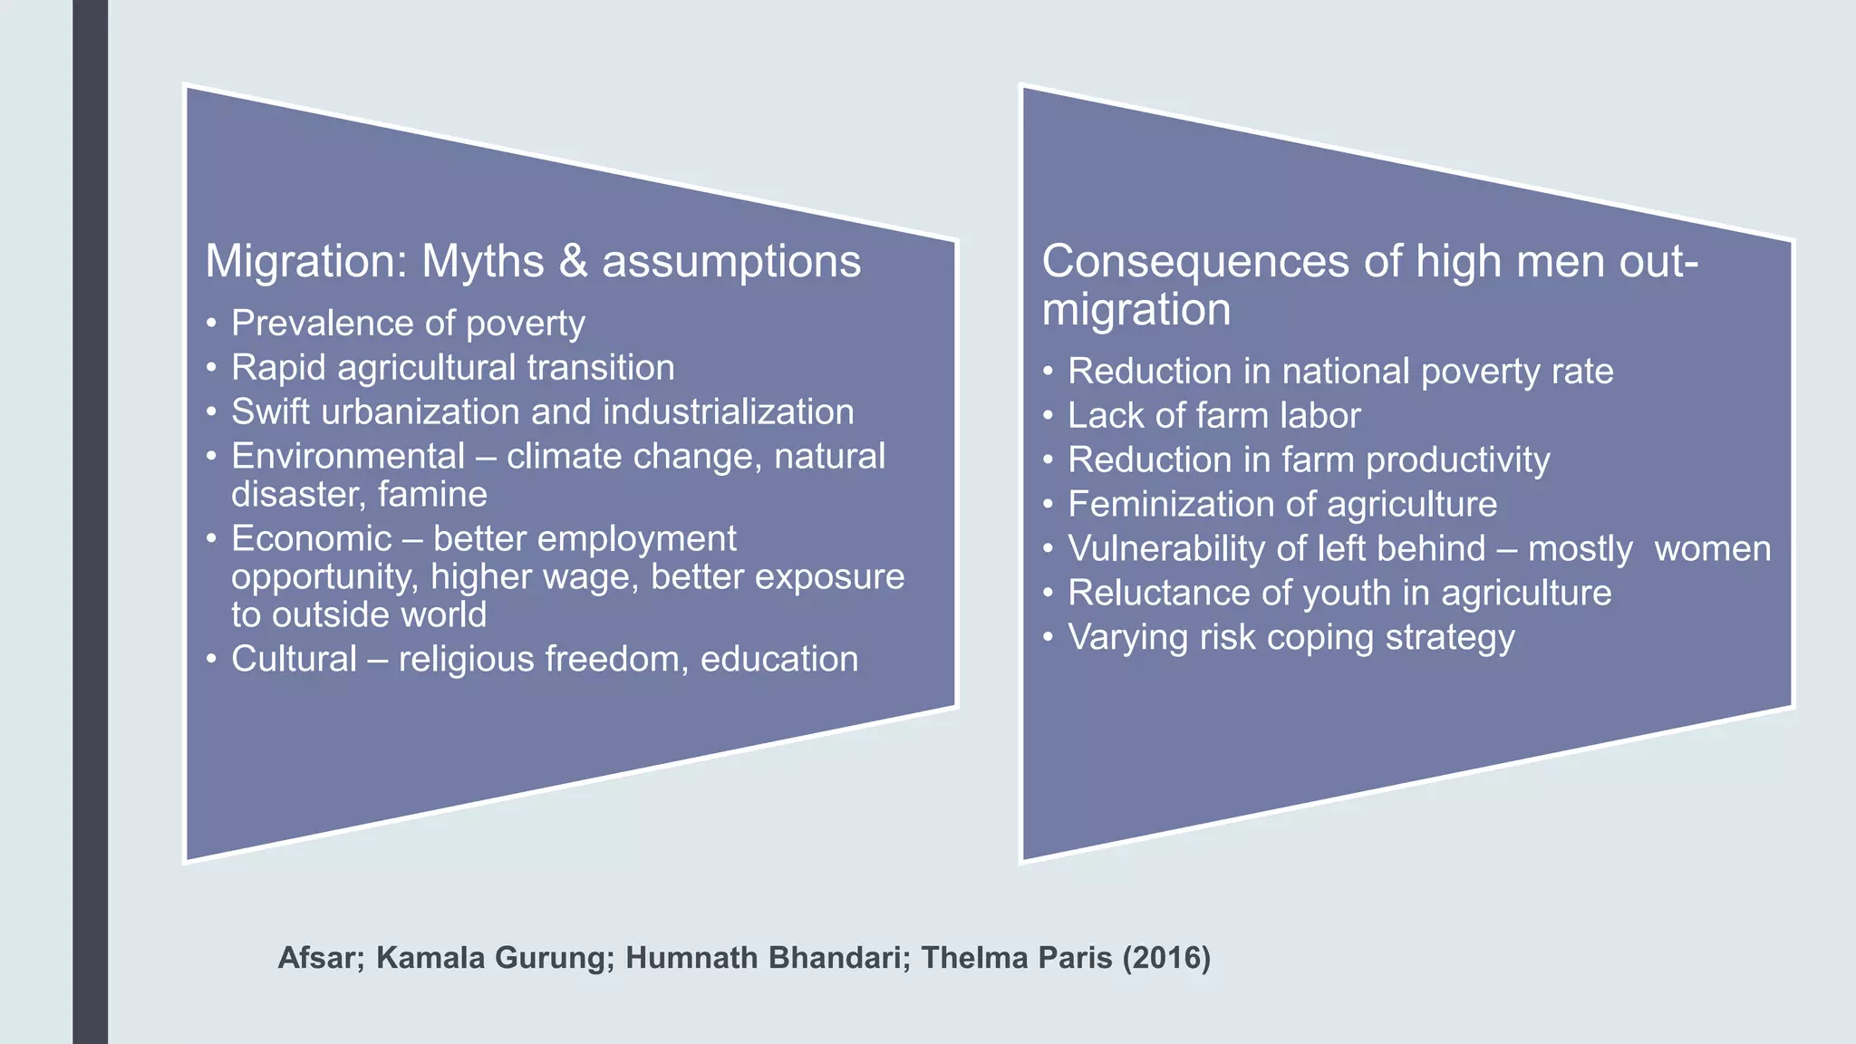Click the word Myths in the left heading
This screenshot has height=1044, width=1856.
pos(483,262)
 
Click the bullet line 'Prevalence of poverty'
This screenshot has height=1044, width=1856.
pos(408,324)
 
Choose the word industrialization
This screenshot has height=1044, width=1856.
pos(728,412)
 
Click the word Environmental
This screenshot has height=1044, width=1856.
pos(348,456)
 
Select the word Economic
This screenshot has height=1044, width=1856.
pos(311,539)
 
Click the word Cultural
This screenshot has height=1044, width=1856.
pos(294,659)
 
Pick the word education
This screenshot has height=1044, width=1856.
pos(779,659)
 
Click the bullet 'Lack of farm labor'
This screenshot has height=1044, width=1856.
pos(1213,416)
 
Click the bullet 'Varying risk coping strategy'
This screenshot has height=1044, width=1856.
pos(1290,638)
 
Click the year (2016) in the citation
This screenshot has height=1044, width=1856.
pos(1166,958)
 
